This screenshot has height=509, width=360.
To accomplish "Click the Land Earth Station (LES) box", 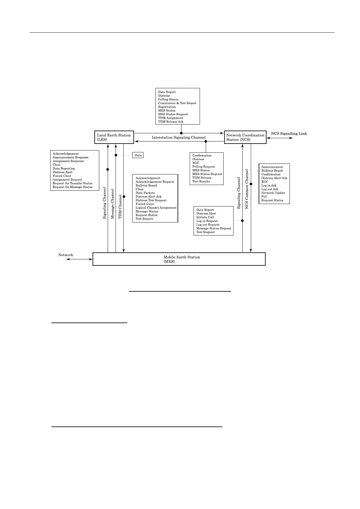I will click(x=114, y=137).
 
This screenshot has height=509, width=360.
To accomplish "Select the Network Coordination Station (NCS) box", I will click(x=245, y=137).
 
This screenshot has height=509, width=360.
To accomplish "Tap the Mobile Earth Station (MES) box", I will click(x=179, y=259).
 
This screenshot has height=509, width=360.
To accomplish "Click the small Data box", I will click(x=138, y=155).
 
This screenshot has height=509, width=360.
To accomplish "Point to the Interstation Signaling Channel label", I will click(x=178, y=138).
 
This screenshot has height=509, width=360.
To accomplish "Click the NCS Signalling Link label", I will click(x=289, y=134).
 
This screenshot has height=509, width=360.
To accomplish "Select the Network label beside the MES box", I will click(x=66, y=255).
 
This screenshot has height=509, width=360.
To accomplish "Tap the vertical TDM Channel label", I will click(x=120, y=207).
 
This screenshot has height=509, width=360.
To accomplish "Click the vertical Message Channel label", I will click(x=113, y=204).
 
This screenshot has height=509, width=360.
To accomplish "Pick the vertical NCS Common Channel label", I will click(x=247, y=189).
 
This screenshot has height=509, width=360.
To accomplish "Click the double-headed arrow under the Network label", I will click(x=79, y=259).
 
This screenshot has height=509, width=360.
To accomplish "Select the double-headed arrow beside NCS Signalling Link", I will click(x=280, y=138).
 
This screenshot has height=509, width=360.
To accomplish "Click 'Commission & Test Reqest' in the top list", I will click(x=177, y=103).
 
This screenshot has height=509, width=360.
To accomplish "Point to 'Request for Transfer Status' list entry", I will click(x=73, y=183).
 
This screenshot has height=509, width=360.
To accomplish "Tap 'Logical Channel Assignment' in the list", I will click(x=156, y=208).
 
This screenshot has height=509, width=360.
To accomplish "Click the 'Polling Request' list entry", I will click(x=204, y=167).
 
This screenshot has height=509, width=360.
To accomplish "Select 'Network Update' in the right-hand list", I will click(x=273, y=193).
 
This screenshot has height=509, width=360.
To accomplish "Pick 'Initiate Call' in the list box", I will click(x=205, y=217).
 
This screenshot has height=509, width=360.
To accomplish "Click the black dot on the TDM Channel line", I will click(x=124, y=196).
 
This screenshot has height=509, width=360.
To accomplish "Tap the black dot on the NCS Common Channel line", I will click(x=251, y=184).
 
